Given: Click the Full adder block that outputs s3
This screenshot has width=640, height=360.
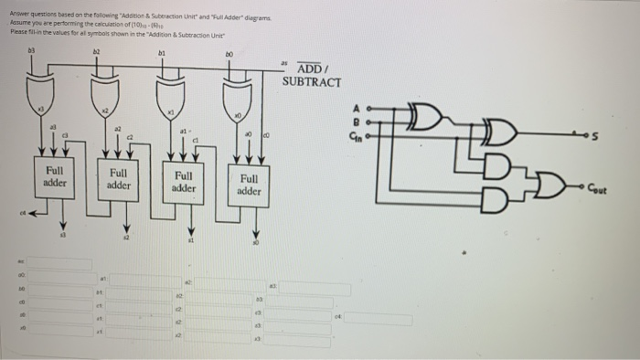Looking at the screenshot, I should pyautogui.click(x=54, y=175).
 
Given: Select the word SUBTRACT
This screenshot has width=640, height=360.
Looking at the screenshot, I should pyautogui.click(x=312, y=82).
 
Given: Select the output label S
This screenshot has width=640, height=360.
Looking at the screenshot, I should pyautogui.click(x=623, y=138).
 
